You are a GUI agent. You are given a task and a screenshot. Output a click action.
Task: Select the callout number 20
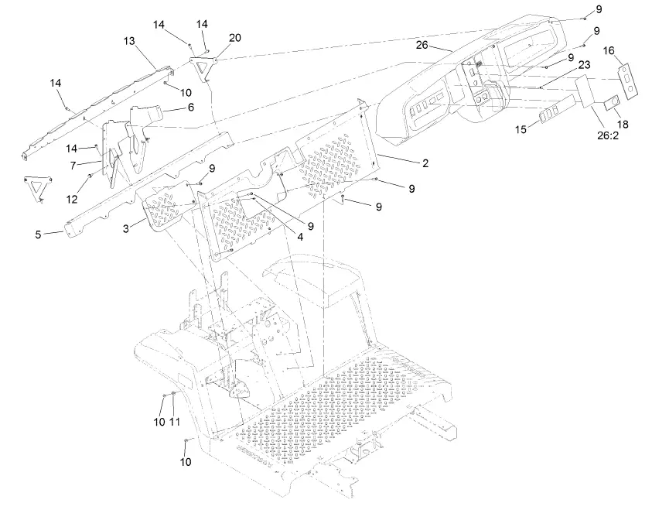tap(234, 38)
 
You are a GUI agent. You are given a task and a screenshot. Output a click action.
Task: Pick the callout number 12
tap(72, 199)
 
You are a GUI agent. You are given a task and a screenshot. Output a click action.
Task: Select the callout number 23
tap(583, 65)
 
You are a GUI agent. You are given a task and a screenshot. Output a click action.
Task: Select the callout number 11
tap(175, 422)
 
